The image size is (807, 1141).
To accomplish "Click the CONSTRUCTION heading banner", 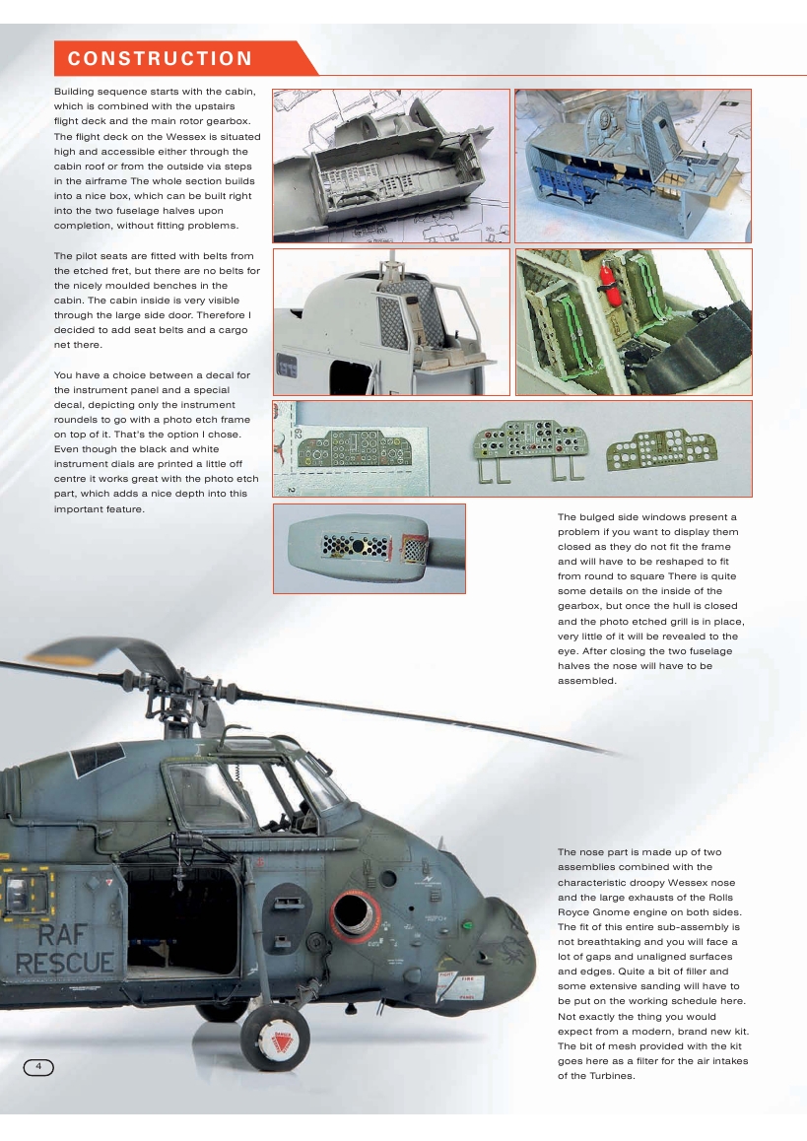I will point(161,59).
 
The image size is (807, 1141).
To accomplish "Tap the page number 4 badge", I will point(37,1067).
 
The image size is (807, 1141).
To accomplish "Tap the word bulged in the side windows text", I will point(602,517).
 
